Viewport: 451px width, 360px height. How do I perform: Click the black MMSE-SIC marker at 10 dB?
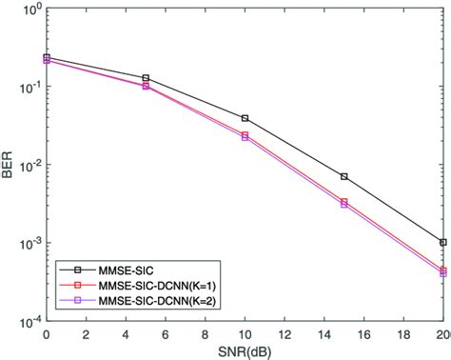click(245, 118)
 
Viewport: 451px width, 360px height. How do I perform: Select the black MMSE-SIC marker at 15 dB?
click(344, 176)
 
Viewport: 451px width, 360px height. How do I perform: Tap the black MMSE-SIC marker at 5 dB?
click(146, 78)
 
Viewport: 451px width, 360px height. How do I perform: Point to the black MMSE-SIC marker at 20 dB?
click(443, 242)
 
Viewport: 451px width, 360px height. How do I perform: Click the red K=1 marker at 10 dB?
click(245, 134)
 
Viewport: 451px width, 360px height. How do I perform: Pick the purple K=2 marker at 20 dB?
click(443, 273)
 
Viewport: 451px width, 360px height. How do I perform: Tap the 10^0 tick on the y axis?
click(28, 9)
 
